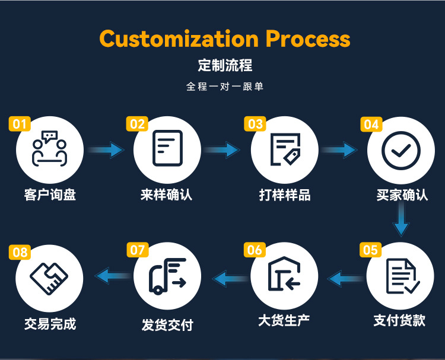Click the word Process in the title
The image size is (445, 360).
click(x=307, y=39)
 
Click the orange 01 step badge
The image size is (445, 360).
click(x=20, y=123)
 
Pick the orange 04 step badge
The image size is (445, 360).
click(x=371, y=124)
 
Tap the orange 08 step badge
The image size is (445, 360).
click(x=20, y=253)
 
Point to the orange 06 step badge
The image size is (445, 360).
click(x=255, y=250)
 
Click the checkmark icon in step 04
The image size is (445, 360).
click(x=401, y=149)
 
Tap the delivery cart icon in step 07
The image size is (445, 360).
click(x=167, y=277)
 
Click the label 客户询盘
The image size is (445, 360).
click(x=50, y=195)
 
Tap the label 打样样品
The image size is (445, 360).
click(x=284, y=195)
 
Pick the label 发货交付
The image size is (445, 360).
click(x=167, y=324)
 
